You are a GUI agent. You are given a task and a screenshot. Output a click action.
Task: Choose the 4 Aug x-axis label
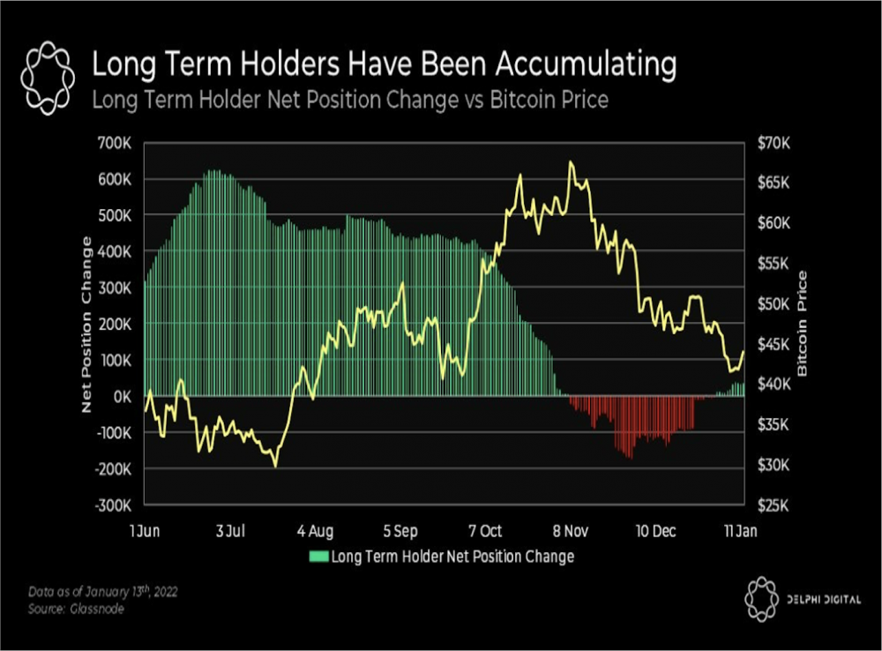click(316, 531)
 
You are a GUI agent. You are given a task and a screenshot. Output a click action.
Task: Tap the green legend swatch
click(318, 557)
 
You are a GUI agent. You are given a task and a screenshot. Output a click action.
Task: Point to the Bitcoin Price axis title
click(803, 324)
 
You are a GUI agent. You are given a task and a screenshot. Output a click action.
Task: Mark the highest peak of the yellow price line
click(571, 162)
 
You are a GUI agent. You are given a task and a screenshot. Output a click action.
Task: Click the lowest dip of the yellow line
click(275, 466)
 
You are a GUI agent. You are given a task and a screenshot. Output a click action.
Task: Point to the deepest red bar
click(630, 458)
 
